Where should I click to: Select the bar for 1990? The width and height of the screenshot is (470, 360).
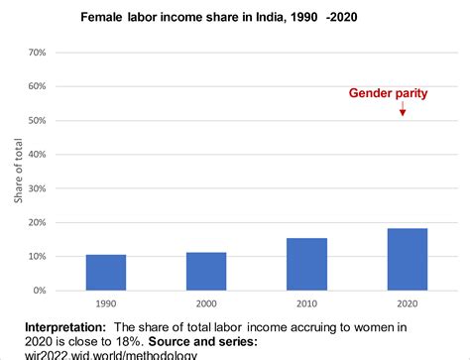(x=106, y=273)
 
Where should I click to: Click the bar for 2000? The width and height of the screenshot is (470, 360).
(x=206, y=272)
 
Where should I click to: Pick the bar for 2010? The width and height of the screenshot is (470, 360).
(x=306, y=265)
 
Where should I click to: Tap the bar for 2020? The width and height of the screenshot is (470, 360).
(x=407, y=260)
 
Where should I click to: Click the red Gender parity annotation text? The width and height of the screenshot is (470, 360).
(x=388, y=93)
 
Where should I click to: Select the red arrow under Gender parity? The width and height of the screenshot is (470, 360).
(x=403, y=109)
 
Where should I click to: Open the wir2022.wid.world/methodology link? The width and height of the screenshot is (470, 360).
(x=118, y=355)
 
